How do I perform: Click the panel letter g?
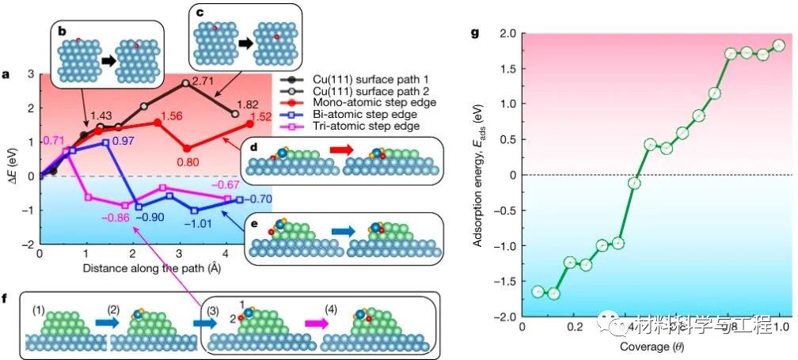pyautogui.click(x=474, y=32)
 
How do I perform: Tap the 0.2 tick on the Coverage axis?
pyautogui.click(x=573, y=327)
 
